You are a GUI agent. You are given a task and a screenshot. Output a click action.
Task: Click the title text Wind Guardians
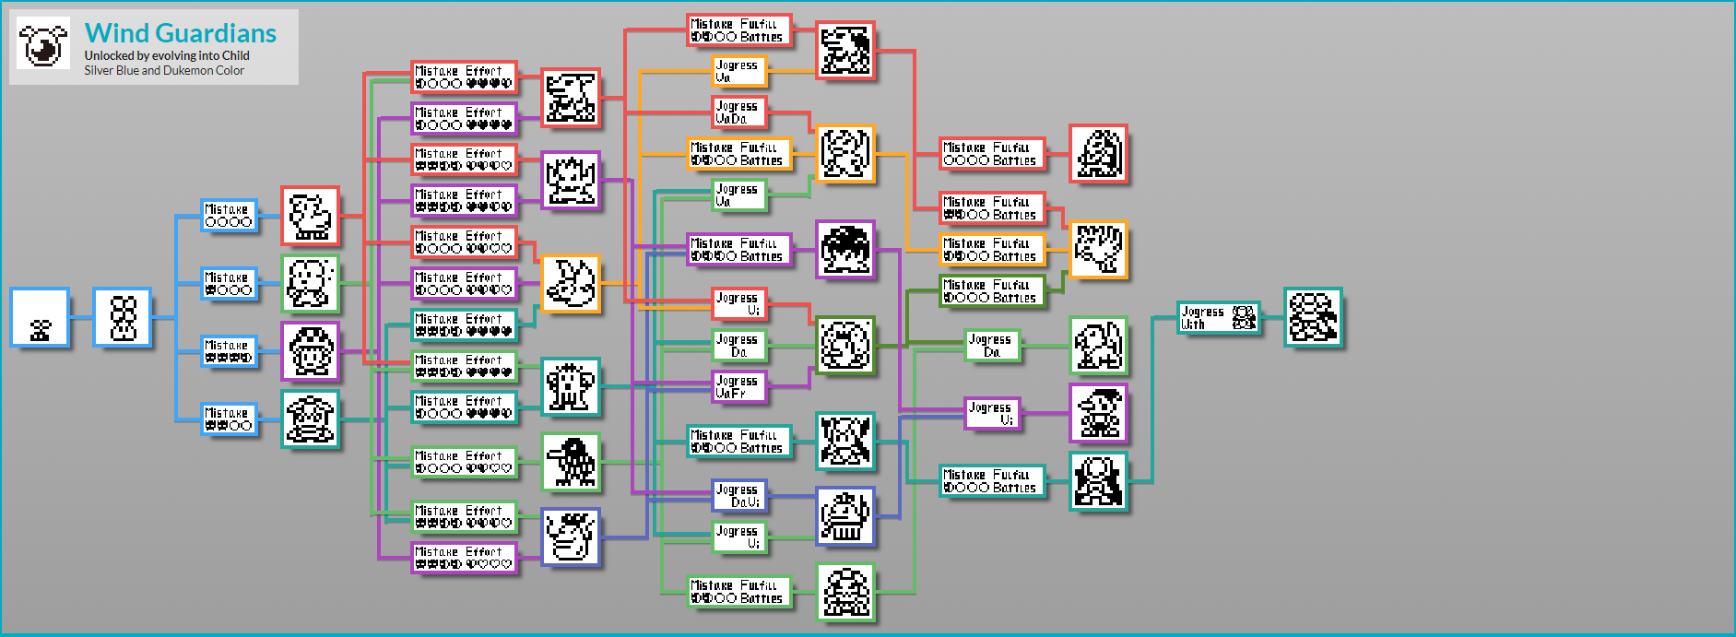[x=181, y=33]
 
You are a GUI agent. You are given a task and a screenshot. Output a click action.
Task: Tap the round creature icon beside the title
[x=43, y=44]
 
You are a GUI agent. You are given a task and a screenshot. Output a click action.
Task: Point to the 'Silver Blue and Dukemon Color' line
[x=164, y=71]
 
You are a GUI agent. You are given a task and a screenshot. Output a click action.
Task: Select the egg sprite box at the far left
[x=40, y=318]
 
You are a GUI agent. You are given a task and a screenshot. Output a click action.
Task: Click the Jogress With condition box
[x=1219, y=318]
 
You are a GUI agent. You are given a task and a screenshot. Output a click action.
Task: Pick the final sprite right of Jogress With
[x=1313, y=318]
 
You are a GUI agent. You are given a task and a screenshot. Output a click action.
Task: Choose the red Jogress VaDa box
[x=739, y=112]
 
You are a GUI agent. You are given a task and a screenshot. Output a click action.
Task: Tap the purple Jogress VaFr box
[x=739, y=387]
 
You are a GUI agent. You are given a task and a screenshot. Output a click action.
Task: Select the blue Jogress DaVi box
[x=739, y=496]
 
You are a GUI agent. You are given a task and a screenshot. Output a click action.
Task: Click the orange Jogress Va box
[x=739, y=71]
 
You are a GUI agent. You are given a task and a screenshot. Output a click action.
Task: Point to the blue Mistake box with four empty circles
[x=229, y=216]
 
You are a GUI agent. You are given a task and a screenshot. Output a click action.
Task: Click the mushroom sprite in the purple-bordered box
[x=311, y=351]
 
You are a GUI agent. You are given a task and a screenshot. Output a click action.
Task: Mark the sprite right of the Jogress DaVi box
[x=845, y=516]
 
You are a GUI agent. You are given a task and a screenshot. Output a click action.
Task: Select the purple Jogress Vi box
[x=992, y=414]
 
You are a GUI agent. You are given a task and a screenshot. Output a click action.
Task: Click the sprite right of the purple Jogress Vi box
[x=1098, y=414]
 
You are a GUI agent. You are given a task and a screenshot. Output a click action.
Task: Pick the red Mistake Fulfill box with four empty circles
[x=991, y=154]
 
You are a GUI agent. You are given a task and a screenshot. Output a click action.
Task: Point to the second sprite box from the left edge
[x=123, y=318]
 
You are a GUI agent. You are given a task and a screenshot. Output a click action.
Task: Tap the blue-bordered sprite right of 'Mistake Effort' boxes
[x=570, y=537]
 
